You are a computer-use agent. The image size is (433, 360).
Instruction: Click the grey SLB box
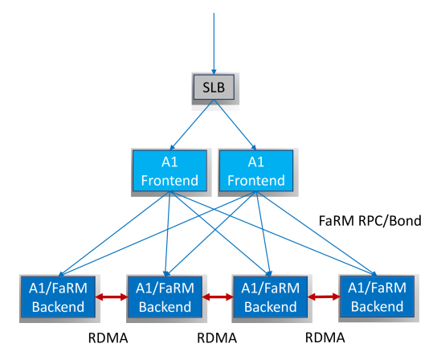[x=214, y=88]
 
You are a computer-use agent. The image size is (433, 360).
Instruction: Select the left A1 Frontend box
[x=170, y=170]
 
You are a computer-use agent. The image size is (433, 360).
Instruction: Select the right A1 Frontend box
[x=256, y=170]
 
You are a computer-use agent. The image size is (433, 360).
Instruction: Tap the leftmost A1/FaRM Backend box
[x=59, y=297]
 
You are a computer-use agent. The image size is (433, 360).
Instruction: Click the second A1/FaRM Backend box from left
[x=165, y=297]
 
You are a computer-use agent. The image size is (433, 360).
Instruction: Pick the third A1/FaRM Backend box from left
[x=271, y=297]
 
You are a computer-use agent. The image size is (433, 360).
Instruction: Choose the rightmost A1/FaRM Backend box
[x=377, y=297]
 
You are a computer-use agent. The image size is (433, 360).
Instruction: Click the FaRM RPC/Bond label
[x=370, y=221]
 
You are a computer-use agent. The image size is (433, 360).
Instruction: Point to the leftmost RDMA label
[x=108, y=337]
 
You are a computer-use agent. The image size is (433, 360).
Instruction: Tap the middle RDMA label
[x=217, y=337]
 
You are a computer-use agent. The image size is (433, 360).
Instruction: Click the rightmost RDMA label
[x=325, y=337]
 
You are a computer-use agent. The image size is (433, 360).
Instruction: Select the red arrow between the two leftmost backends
[x=112, y=297]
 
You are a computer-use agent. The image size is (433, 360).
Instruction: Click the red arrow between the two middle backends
[x=219, y=297]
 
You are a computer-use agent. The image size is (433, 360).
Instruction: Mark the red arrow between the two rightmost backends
[x=324, y=297]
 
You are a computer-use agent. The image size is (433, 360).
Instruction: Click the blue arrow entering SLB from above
[x=214, y=43]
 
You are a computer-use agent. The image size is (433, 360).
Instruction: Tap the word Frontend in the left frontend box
[x=170, y=181]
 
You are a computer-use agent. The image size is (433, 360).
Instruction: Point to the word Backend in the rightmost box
[x=378, y=306]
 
